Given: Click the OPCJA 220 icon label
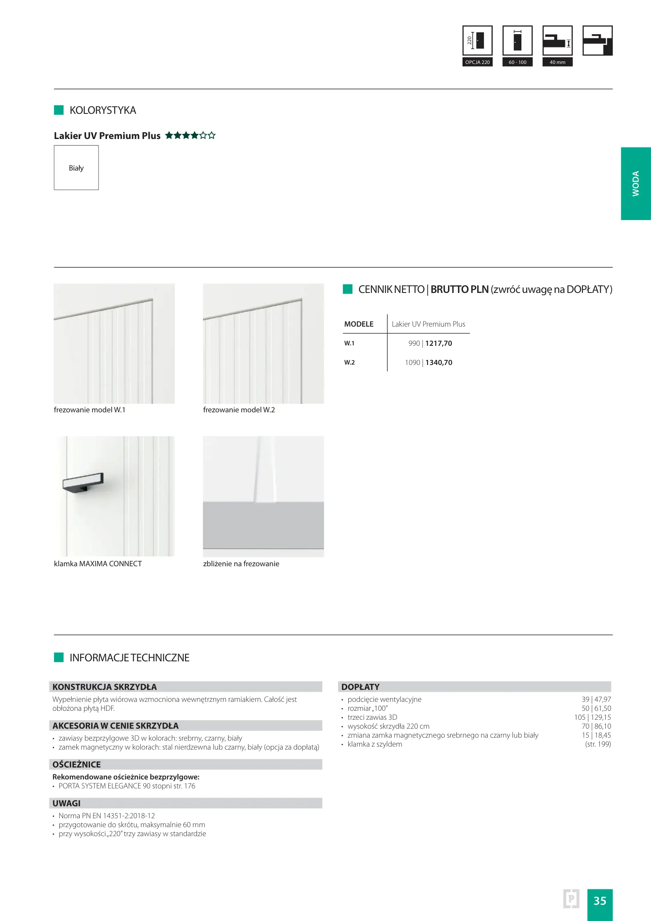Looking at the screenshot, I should tap(477, 62).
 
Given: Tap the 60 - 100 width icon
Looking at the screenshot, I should tap(517, 41).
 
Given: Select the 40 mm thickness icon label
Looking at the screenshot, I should tap(557, 62).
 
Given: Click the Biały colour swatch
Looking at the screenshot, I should tap(76, 168).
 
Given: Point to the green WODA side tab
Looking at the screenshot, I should tap(635, 184).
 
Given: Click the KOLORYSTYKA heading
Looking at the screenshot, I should tap(103, 110).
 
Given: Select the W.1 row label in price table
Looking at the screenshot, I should tap(349, 343).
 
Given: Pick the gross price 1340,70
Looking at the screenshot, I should tap(439, 362).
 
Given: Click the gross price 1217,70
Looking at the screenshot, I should tap(439, 343).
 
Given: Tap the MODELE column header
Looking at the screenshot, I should tap(359, 324).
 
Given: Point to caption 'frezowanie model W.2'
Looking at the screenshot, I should tap(239, 410).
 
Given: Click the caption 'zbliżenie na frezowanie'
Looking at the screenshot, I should tap(241, 564).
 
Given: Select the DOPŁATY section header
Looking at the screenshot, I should tap(360, 687).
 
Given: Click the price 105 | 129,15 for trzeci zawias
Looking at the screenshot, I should tap(592, 717).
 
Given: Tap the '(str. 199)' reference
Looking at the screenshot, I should tap(598, 744).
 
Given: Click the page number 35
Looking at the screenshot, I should tap(599, 901).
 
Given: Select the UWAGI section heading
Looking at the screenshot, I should tap(67, 803).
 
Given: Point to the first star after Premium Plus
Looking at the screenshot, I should tap(169, 136).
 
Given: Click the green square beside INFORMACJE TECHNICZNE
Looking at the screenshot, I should tap(59, 657).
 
